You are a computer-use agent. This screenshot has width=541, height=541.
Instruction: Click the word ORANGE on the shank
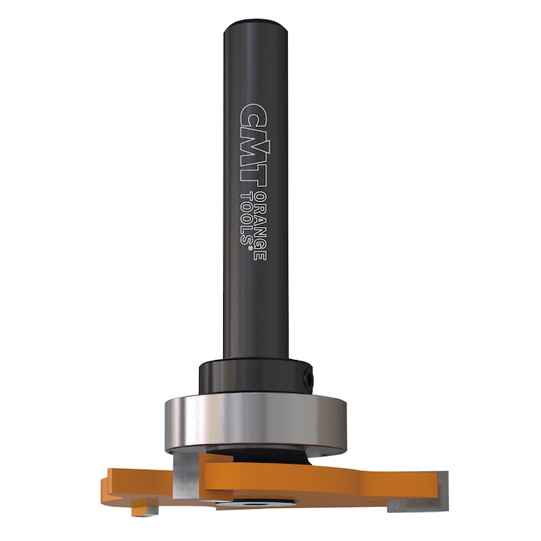260,225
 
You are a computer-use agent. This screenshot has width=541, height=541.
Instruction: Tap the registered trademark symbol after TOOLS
246,241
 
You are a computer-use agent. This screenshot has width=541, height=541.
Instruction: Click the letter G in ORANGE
260,242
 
